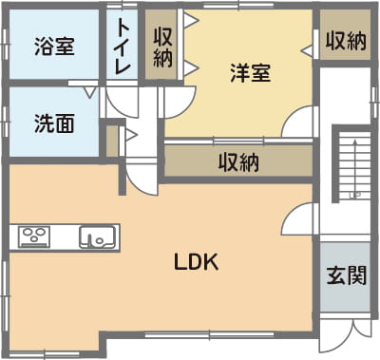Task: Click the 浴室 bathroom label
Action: point(54,47)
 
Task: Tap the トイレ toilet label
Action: point(123,47)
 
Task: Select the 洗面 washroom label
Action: point(54,123)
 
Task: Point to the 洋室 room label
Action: point(251,73)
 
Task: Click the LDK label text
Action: point(197,262)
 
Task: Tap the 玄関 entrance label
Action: point(347,275)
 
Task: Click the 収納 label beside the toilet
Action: point(162,47)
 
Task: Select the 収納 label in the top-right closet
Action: point(346,41)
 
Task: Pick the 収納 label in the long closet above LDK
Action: point(238,162)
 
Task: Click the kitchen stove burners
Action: point(34,237)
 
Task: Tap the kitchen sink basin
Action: point(97,237)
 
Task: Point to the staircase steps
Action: point(354,164)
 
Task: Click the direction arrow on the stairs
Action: point(354,168)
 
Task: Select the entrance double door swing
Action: point(345,335)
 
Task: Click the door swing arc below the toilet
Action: point(122,103)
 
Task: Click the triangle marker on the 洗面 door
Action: point(90,92)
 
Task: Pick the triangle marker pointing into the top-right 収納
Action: point(307,50)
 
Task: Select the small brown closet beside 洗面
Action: point(112,142)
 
